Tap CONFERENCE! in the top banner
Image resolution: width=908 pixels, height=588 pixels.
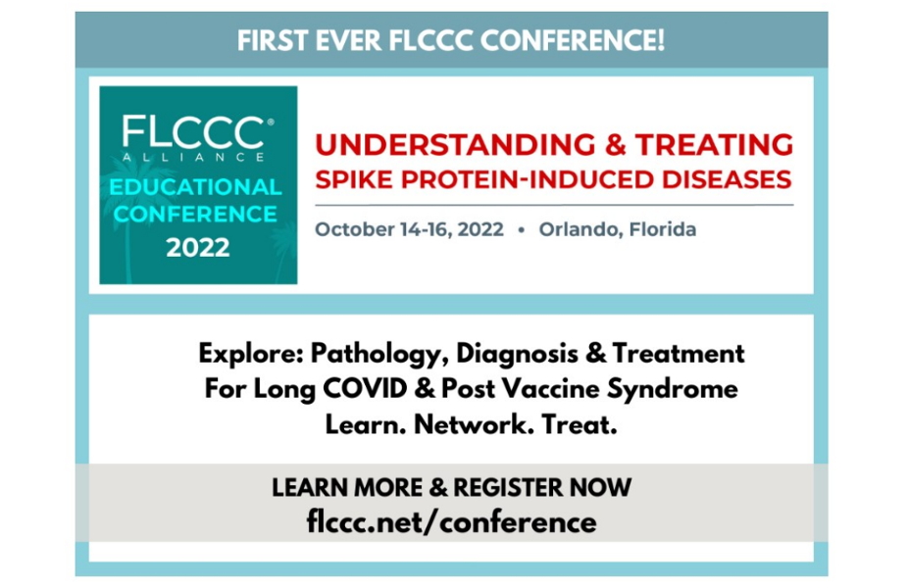pyautogui.click(x=572, y=40)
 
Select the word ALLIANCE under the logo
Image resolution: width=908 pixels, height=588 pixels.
pyautogui.click(x=193, y=157)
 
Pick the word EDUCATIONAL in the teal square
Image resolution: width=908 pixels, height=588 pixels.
pyautogui.click(x=195, y=187)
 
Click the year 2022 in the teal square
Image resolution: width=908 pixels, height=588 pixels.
pyautogui.click(x=197, y=248)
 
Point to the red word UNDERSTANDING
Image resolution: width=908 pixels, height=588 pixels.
pyautogui.click(x=455, y=145)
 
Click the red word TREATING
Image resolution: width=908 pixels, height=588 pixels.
pyautogui.click(x=714, y=145)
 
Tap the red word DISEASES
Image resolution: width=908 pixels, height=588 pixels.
pyautogui.click(x=727, y=179)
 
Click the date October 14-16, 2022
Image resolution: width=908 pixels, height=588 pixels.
pyautogui.click(x=410, y=229)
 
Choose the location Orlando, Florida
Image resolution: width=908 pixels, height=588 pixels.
pyautogui.click(x=618, y=229)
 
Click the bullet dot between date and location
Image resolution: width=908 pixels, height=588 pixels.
pyautogui.click(x=522, y=229)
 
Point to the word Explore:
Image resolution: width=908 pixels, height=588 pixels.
pyautogui.click(x=251, y=354)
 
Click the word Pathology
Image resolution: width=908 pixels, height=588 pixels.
pyautogui.click(x=379, y=354)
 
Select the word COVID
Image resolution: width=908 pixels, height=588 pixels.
pyautogui.click(x=365, y=388)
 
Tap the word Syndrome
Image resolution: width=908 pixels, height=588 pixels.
pyautogui.click(x=672, y=389)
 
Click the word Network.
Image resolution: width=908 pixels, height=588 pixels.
pyautogui.click(x=474, y=424)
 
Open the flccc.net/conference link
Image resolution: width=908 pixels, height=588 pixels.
pyautogui.click(x=451, y=522)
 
